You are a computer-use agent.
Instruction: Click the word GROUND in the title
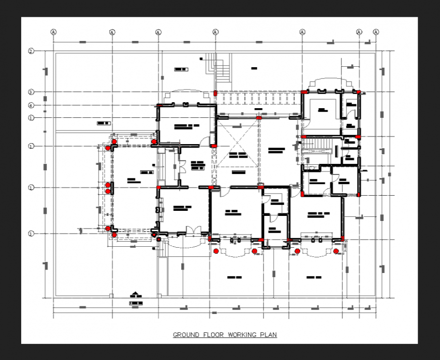click(185, 335)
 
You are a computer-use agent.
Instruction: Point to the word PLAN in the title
click(269, 335)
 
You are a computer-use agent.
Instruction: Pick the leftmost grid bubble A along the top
click(53, 32)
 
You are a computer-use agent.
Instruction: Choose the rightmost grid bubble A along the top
click(376, 32)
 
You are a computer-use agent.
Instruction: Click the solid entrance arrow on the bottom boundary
click(135, 294)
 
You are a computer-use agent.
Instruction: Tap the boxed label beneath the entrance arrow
click(135, 303)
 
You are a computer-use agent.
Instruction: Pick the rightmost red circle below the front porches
click(335, 251)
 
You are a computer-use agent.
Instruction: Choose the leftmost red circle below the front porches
click(216, 251)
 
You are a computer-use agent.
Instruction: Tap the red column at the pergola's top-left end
click(215, 93)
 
